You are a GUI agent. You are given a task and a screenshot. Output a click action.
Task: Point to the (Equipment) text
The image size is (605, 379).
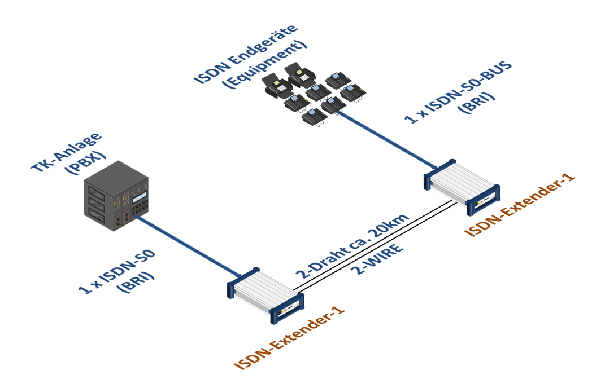click(x=265, y=64)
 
